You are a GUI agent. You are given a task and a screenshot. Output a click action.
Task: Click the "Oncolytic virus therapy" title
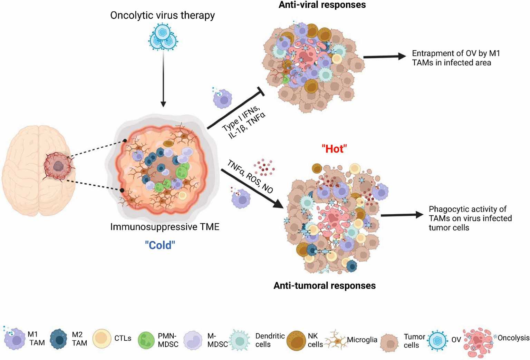tap(163, 16)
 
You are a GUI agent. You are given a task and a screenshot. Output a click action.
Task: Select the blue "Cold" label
tap(160, 245)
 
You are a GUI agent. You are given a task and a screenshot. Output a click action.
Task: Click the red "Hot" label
tap(334, 149)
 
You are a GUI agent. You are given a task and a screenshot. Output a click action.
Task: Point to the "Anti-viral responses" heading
tap(322, 5)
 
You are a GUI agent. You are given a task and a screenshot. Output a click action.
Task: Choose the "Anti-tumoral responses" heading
tap(325, 285)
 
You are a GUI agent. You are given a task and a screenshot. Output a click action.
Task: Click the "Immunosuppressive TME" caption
tap(165, 227)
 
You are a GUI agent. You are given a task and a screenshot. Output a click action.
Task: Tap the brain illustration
tap(39, 170)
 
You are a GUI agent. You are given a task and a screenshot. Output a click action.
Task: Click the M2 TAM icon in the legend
tap(59, 339)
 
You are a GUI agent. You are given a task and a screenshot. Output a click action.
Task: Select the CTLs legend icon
tap(102, 339)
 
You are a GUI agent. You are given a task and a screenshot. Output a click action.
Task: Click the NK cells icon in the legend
tap(296, 340)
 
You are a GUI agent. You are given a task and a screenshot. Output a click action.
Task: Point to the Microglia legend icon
tap(336, 339)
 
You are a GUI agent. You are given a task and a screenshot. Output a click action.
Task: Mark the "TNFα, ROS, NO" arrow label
tap(250, 176)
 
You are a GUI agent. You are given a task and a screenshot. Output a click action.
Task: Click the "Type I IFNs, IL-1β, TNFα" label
tap(243, 121)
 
